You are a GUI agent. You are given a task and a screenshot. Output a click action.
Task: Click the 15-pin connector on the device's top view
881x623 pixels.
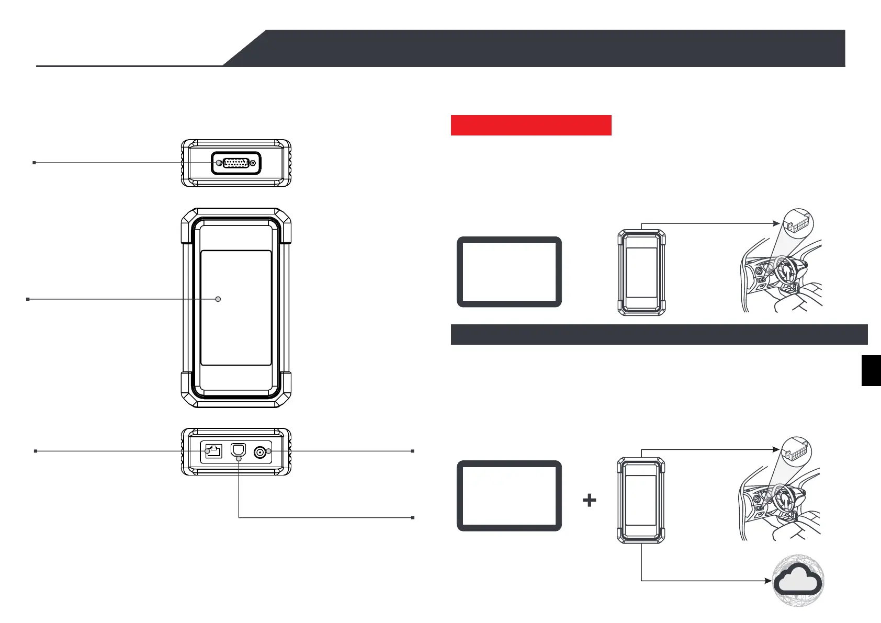[x=236, y=163]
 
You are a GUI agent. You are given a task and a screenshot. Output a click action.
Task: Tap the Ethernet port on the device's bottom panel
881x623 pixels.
[x=213, y=451]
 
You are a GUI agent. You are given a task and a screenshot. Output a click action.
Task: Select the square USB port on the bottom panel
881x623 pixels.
[x=238, y=450]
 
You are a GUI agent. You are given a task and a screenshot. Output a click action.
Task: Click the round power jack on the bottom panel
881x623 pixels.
[x=259, y=451]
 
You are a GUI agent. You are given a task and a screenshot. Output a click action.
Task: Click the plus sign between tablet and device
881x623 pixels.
[x=590, y=501]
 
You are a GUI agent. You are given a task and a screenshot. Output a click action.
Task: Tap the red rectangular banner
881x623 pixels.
[x=531, y=126]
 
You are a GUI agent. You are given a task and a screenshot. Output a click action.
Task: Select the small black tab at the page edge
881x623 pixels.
[x=871, y=370]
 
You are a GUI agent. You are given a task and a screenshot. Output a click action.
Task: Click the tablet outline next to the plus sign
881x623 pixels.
[x=509, y=496]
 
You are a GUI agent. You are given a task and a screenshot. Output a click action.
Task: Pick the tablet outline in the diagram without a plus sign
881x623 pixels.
[x=509, y=272]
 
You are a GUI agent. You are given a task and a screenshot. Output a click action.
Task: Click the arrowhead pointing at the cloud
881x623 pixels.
[x=769, y=581]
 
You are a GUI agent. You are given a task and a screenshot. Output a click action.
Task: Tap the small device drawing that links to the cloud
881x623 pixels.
[x=641, y=501]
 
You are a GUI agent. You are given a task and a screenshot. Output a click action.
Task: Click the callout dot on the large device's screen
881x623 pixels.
[x=218, y=299]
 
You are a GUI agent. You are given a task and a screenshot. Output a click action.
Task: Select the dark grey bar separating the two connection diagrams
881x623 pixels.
[x=659, y=335]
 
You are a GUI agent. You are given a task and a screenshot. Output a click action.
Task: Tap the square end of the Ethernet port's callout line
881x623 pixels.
[x=36, y=451]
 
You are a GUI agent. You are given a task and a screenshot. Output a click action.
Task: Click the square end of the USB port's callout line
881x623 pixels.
[x=413, y=518]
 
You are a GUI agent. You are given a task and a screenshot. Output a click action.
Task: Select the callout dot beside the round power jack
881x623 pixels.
[x=269, y=451]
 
